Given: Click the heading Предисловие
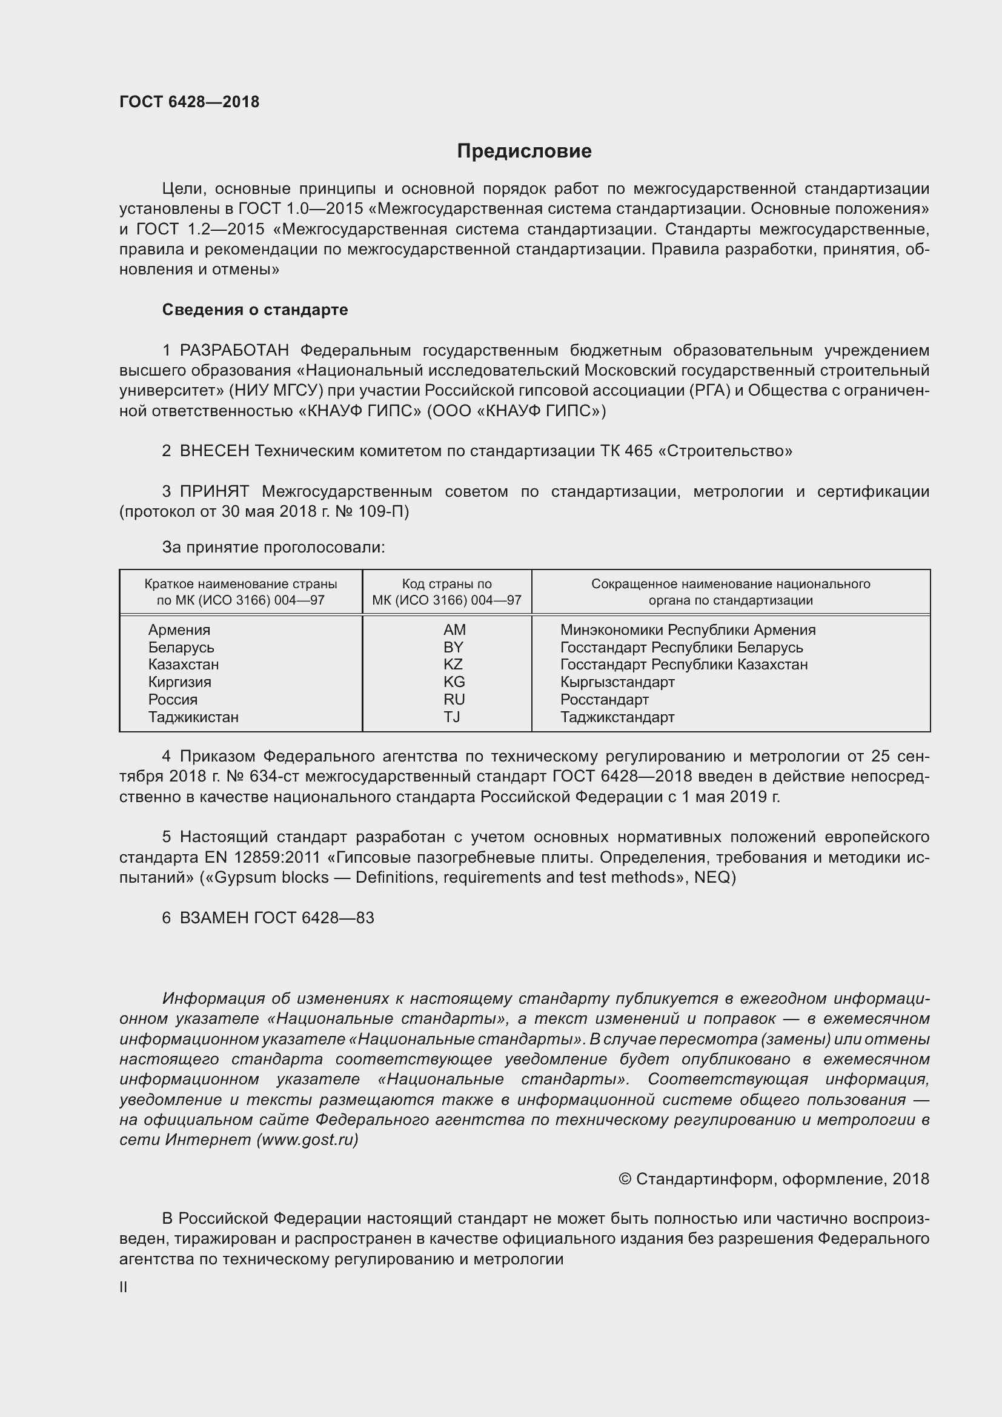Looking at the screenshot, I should click(524, 151).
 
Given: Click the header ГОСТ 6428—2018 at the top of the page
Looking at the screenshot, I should click(190, 102).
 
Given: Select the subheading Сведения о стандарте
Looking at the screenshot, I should click(255, 310).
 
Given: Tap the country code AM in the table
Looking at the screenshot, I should click(454, 630).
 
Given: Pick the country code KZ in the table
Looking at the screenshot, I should click(453, 665).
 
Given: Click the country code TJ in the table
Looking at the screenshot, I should click(452, 717).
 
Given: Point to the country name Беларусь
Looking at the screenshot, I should click(181, 648).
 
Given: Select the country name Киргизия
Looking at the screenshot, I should click(179, 682).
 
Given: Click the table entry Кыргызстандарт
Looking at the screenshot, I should click(617, 682).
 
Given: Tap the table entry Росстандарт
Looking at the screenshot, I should click(604, 700).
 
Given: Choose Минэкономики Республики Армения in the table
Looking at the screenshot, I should click(688, 630).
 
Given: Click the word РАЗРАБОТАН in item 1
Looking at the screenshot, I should click(234, 351).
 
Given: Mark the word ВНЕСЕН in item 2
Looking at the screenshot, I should click(214, 451).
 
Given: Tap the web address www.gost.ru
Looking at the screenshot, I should click(307, 1140).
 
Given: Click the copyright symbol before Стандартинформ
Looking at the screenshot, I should click(625, 1180).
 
